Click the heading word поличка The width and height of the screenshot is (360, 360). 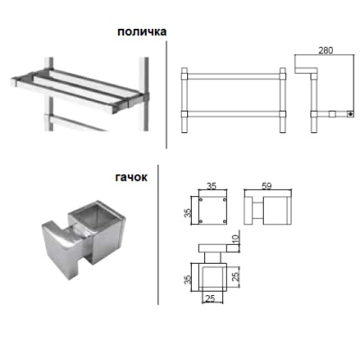(x=141, y=31)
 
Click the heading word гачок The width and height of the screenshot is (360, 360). (x=131, y=177)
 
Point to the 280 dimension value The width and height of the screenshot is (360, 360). (x=326, y=50)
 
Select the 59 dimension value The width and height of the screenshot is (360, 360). (x=266, y=186)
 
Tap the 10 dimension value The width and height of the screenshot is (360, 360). (x=236, y=239)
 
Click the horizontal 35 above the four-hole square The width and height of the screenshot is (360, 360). (x=211, y=186)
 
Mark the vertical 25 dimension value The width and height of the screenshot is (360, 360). (x=236, y=276)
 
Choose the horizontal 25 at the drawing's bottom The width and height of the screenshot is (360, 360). (x=211, y=298)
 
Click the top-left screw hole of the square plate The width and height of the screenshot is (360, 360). (x=201, y=200)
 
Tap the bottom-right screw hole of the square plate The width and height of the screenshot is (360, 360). (x=225, y=221)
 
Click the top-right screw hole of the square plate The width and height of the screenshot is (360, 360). (x=225, y=200)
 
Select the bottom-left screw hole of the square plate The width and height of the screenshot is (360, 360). (x=201, y=221)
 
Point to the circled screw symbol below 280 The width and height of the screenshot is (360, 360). (x=350, y=114)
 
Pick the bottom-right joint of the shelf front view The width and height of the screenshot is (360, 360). (x=283, y=113)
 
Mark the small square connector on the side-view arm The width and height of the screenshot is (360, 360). (x=331, y=114)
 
